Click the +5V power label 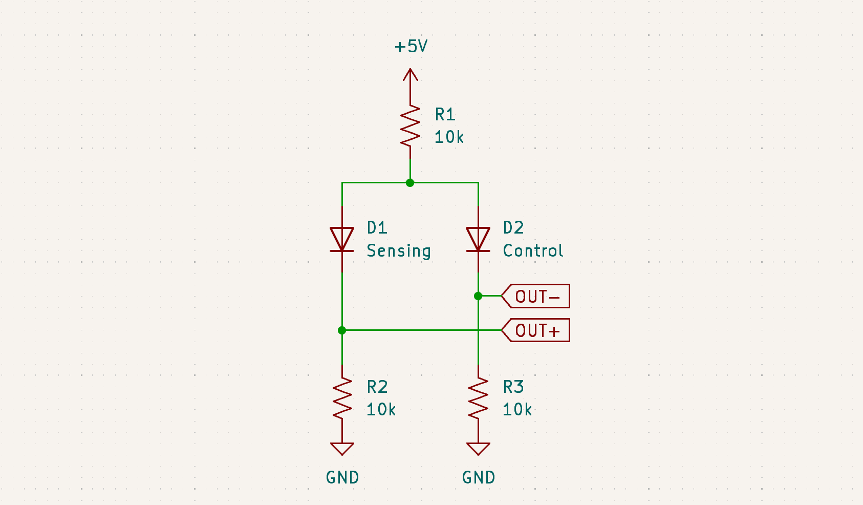coord(411,47)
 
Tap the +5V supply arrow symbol coord(410,77)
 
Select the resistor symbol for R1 coord(410,126)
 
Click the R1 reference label coord(445,115)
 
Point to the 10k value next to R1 coord(449,137)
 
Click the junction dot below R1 coord(410,182)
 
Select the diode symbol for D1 coord(342,240)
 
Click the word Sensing coord(399,251)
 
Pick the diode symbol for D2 coord(478,240)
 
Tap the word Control coord(533,251)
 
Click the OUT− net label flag coord(536,296)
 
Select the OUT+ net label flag coord(536,330)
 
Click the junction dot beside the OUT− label coord(478,296)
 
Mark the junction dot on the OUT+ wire coord(342,330)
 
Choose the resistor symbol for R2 coord(342,398)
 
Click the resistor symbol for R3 coord(478,398)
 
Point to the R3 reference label coord(513,387)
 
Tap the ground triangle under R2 coord(342,449)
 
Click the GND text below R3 coord(478,478)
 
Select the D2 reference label coord(513,228)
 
